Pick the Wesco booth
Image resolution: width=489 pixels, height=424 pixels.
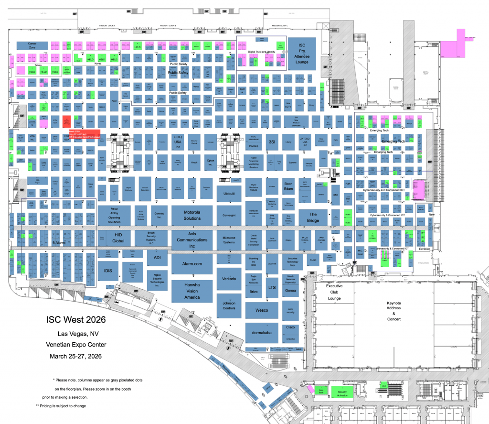(262, 310)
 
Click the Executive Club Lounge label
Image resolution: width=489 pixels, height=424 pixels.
(334, 292)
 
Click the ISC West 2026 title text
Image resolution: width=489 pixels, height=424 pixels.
(76, 319)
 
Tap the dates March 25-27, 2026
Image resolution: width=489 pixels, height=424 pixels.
(76, 356)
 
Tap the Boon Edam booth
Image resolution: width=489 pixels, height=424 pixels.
(288, 186)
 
